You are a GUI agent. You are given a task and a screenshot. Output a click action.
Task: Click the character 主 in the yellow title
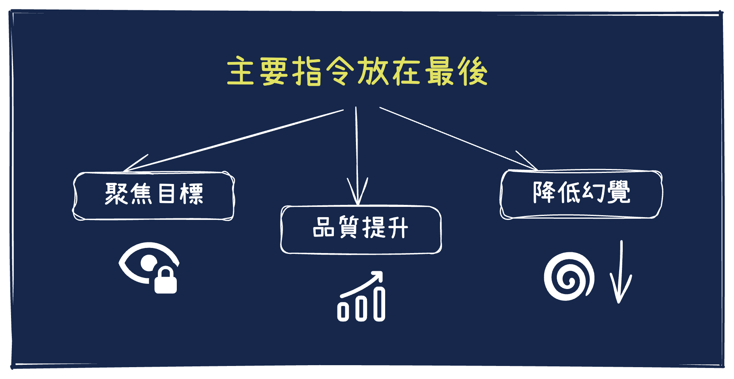click(240, 71)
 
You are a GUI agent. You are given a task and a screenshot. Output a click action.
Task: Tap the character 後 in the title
click(473, 71)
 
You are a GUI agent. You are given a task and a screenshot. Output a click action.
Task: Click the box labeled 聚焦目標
click(154, 196)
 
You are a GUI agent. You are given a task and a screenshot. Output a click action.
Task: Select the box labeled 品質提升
click(361, 230)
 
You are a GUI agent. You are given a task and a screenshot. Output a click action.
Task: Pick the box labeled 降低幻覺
click(581, 194)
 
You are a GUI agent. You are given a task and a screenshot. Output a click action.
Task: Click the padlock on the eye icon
click(165, 281)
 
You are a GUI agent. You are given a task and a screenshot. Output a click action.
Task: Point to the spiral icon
click(568, 276)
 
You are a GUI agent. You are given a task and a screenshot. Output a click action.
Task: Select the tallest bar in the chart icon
click(379, 304)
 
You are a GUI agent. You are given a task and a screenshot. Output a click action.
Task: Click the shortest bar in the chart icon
click(343, 312)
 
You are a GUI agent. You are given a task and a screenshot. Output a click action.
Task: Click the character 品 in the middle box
click(324, 227)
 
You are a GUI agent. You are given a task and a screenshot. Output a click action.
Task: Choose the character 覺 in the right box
click(618, 192)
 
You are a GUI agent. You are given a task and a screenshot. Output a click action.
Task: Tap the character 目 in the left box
click(167, 193)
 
